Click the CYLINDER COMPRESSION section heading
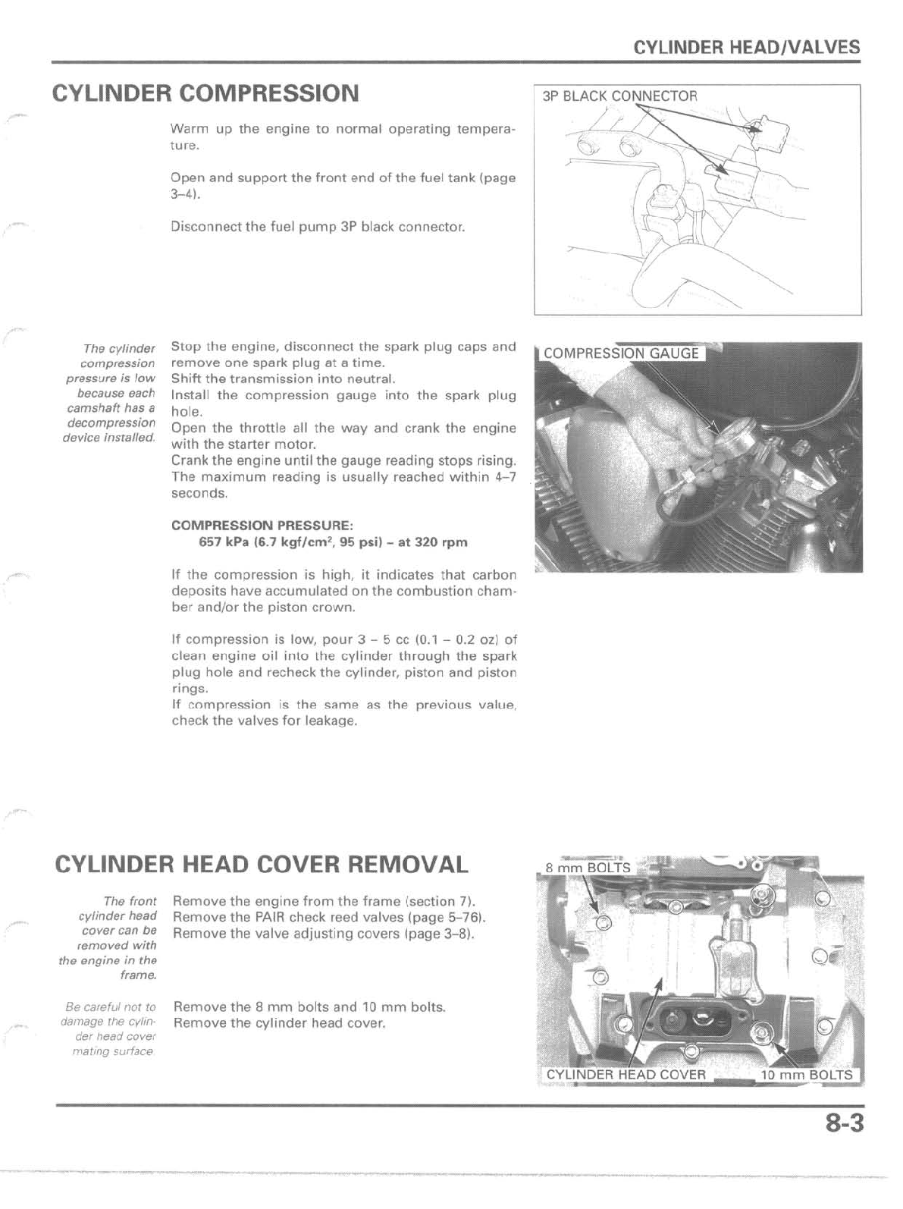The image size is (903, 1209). coord(205,93)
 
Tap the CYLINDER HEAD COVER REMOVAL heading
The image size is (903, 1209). coord(262,864)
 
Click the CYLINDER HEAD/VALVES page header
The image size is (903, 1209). coord(746,47)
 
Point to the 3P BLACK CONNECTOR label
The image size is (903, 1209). coord(619,96)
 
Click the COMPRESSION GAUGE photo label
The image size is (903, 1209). coord(621,353)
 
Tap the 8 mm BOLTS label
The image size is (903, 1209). coord(588,868)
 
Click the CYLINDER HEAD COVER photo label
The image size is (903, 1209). coord(626,1075)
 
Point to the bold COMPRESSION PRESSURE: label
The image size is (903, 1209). coord(262,526)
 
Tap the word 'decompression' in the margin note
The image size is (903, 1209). coord(111,422)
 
